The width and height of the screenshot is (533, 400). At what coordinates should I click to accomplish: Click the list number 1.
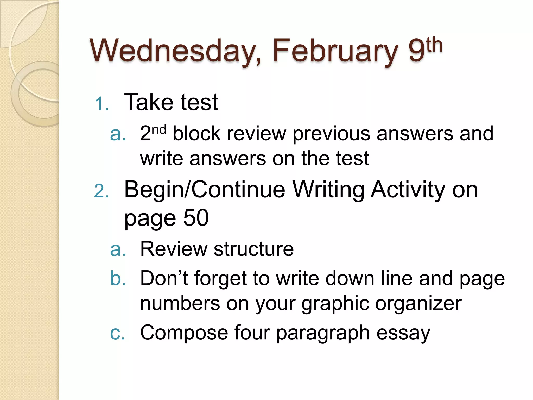[x=101, y=104]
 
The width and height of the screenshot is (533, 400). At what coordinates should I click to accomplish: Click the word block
[x=197, y=134]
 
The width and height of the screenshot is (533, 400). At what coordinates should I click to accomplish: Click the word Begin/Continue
[x=205, y=190]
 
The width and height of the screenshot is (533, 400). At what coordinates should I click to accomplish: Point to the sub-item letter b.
[x=118, y=278]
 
